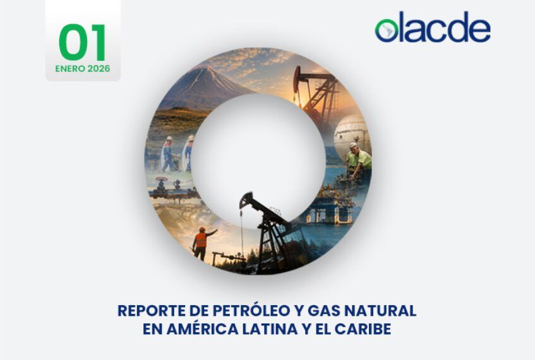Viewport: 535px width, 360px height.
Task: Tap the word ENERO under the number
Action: [x=70, y=69]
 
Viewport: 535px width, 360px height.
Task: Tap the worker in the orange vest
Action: [x=201, y=243]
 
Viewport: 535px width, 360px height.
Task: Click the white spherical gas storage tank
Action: [x=351, y=134]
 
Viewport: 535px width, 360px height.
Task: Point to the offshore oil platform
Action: [x=329, y=205]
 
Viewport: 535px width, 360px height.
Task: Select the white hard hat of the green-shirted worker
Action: [x=353, y=145]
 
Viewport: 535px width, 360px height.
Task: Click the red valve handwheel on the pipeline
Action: [x=161, y=179]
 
